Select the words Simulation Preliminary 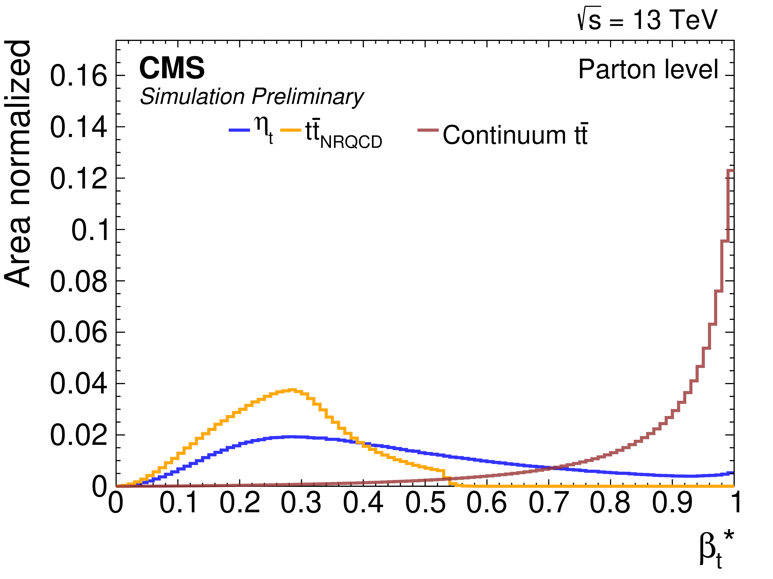pyautogui.click(x=252, y=97)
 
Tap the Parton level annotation pyautogui.click(x=648, y=69)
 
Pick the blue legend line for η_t pyautogui.click(x=239, y=130)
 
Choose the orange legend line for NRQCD pyautogui.click(x=290, y=130)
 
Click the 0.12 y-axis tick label pyautogui.click(x=79, y=178)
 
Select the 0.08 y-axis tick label pyautogui.click(x=79, y=281)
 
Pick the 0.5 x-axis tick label pyautogui.click(x=425, y=503)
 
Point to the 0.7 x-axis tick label pyautogui.click(x=549, y=503)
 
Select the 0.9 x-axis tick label pyautogui.click(x=672, y=503)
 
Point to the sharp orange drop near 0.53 pyautogui.click(x=445, y=477)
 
